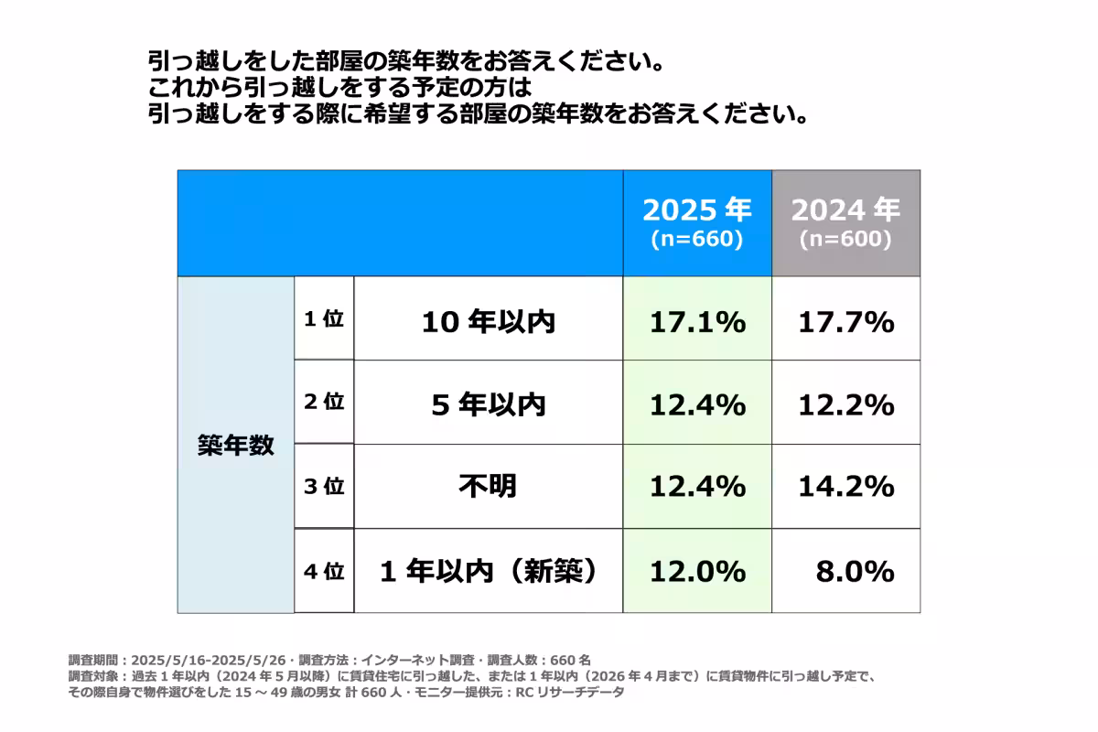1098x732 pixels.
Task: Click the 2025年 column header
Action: (x=696, y=210)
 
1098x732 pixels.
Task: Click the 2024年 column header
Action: (x=845, y=210)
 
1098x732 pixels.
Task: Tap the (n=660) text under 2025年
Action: (x=696, y=240)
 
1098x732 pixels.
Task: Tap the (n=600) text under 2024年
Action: (x=845, y=240)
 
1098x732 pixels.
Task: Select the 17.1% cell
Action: (x=697, y=322)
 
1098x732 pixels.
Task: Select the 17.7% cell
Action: (x=845, y=322)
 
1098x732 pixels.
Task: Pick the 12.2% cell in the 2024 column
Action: (x=845, y=404)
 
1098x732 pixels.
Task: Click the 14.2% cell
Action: (x=845, y=487)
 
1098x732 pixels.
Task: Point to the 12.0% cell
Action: (x=697, y=572)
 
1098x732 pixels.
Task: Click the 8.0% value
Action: (x=855, y=572)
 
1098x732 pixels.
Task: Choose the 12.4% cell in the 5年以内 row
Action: (x=697, y=404)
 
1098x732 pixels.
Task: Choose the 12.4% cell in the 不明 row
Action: (x=697, y=487)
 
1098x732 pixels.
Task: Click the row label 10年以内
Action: (x=488, y=322)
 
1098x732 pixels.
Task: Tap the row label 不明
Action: (x=488, y=487)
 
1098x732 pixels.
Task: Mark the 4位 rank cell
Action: (x=324, y=572)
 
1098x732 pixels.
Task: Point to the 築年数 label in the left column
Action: (x=235, y=447)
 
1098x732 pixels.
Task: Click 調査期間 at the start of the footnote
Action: (x=93, y=659)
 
